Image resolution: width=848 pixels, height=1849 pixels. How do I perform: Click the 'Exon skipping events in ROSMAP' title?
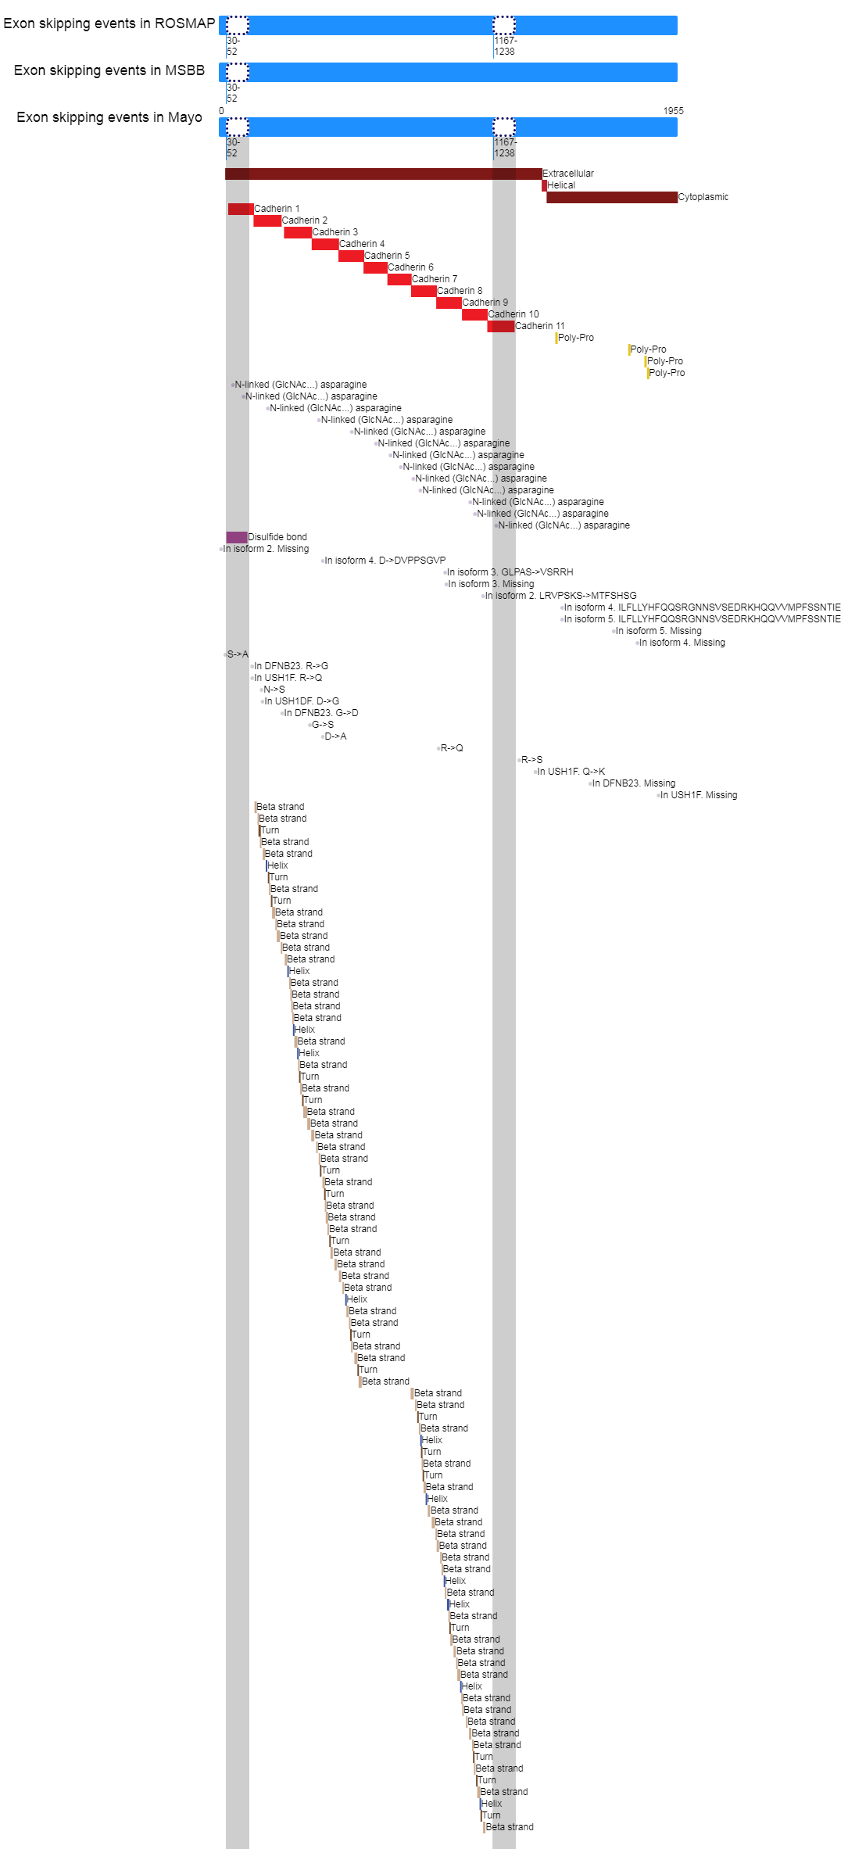pos(109,23)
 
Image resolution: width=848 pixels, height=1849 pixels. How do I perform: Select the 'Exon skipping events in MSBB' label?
pos(109,70)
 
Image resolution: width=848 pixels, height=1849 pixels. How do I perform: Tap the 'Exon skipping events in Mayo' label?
pos(109,117)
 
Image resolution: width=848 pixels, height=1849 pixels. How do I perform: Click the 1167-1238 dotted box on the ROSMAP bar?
pos(504,25)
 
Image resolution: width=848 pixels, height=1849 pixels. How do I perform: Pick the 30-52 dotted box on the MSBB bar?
pos(238,72)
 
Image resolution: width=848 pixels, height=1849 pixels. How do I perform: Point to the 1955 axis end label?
pos(674,111)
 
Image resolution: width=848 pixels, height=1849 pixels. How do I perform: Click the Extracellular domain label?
pos(568,174)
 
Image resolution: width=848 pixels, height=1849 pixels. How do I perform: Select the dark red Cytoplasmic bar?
pos(612,197)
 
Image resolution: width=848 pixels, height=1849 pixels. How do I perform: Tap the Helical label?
pos(561,185)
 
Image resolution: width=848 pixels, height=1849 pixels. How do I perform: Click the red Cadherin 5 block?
pos(351,256)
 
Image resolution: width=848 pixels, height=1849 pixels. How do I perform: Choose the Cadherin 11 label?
pos(540,326)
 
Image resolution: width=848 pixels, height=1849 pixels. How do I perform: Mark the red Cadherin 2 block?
pos(267,220)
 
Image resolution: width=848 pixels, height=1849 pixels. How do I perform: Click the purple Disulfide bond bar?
pos(237,537)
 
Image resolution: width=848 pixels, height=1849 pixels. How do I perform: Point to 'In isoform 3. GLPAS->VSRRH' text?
pos(510,572)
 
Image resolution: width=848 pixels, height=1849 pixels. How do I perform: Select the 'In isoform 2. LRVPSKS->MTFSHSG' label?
pos(560,596)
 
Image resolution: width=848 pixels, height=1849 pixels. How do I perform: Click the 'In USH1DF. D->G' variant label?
pos(302,701)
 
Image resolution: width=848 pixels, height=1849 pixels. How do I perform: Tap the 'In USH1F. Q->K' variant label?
pos(571,772)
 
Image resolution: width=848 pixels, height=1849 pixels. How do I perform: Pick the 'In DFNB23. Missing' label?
pos(634,783)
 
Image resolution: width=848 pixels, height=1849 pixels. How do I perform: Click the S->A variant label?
pos(238,654)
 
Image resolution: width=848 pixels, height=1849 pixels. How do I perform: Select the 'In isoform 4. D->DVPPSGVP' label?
pos(385,561)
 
